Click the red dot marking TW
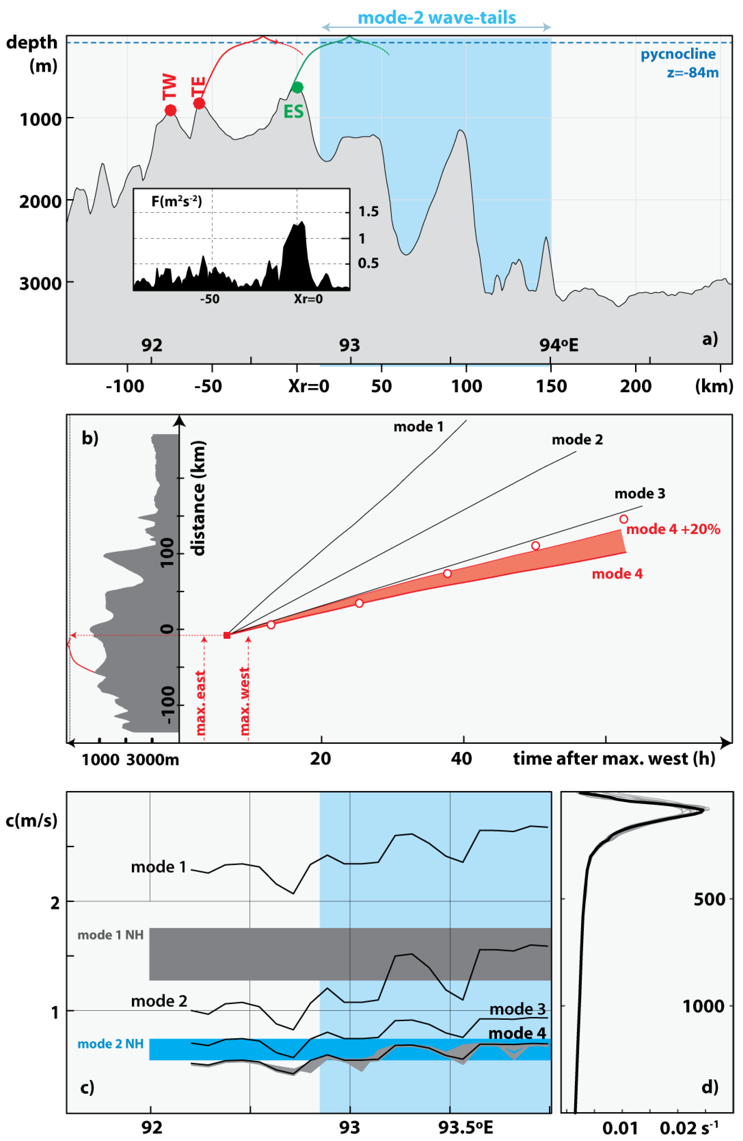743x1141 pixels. [x=170, y=110]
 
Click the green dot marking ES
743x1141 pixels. [x=297, y=87]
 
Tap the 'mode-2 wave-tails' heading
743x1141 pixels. [x=437, y=18]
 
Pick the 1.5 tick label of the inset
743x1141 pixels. [x=369, y=211]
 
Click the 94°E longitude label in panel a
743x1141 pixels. [x=558, y=345]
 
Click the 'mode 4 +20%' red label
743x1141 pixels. [x=673, y=529]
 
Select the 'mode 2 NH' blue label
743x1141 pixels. [x=111, y=1044]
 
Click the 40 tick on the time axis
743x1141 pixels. [x=461, y=758]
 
